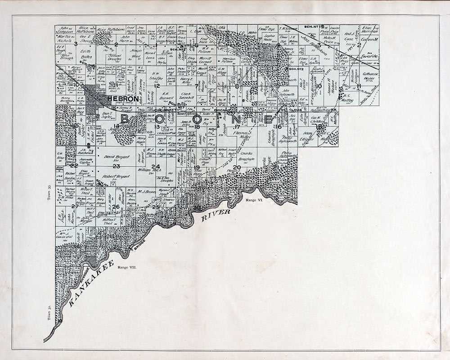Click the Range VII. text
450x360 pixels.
pyautogui.click(x=126, y=267)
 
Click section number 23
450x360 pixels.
pyautogui.click(x=116, y=166)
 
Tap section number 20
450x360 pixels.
pyautogui.click(x=237, y=168)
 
